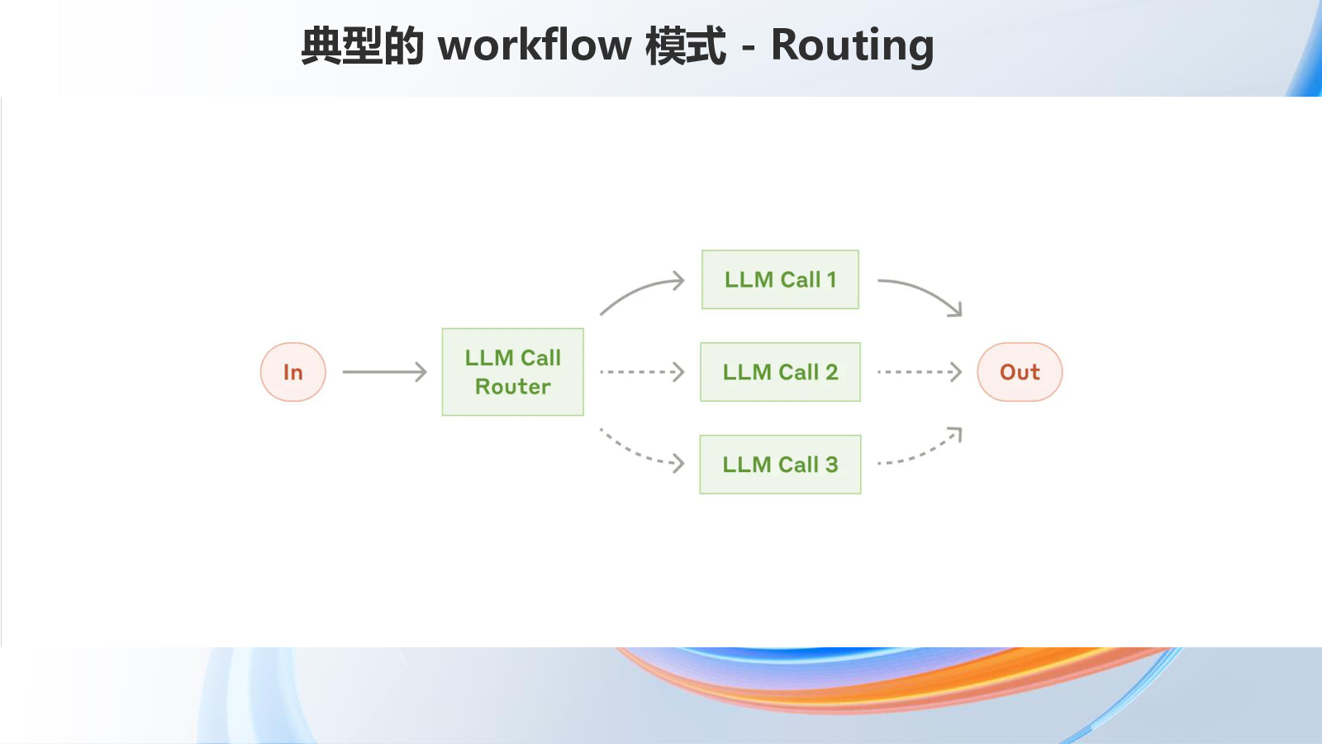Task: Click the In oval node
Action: [292, 372]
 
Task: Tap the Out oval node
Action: [1020, 372]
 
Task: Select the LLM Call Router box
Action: [513, 372]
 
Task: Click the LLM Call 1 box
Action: [780, 279]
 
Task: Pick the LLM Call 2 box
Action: [780, 372]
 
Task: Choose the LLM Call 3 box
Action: [780, 465]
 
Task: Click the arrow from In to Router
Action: [384, 372]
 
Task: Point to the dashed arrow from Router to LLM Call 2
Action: [642, 372]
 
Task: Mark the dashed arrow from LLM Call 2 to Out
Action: [920, 372]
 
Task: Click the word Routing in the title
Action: [852, 45]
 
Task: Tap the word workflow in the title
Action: [535, 45]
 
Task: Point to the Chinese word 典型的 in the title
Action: [363, 45]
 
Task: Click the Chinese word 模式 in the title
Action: [686, 45]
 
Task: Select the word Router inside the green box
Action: [513, 387]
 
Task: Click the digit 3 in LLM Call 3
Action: [831, 465]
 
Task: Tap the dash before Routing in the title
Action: [749, 48]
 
